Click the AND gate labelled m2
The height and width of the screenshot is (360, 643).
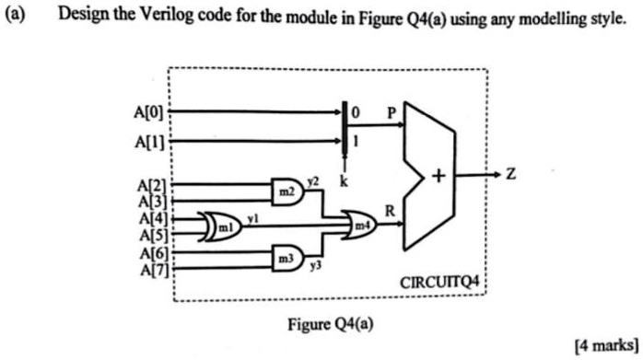[x=286, y=190]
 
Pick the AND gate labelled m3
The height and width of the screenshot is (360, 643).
[x=286, y=261]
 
